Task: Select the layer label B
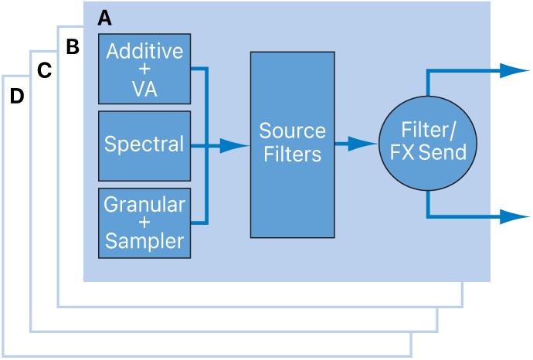click(73, 47)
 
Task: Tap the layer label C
click(44, 71)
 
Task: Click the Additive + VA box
click(144, 69)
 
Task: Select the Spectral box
click(144, 145)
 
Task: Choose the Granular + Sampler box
click(144, 222)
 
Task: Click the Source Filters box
click(292, 144)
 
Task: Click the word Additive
click(144, 51)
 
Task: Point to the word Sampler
click(144, 241)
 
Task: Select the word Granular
click(144, 205)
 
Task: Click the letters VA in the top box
click(144, 89)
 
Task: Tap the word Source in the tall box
click(292, 131)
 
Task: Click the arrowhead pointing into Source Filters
click(233, 145)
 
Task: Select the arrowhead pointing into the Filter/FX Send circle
click(363, 144)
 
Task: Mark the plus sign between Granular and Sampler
click(144, 223)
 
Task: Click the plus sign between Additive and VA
click(144, 70)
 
